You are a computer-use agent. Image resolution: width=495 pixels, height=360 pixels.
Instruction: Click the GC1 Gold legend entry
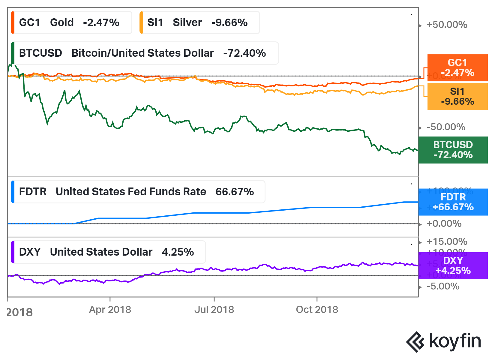71,22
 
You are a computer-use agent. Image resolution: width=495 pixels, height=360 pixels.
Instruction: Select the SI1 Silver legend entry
199,22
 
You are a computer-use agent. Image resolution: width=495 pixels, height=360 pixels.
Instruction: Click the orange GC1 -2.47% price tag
457,68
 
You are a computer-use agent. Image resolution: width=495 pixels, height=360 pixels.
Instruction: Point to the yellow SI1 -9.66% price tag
457,97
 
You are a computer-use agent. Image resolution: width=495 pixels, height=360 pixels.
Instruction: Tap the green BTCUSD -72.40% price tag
453,150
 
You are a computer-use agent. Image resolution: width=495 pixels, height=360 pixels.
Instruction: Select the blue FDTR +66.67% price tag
453,202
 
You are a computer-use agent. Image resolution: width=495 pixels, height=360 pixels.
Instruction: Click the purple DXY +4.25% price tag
453,266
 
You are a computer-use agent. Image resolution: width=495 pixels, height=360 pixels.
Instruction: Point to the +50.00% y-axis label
447,25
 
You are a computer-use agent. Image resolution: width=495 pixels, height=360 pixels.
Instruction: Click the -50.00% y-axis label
446,127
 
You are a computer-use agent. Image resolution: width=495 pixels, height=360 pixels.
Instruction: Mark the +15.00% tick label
447,241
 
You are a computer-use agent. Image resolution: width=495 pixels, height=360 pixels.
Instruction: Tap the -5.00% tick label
443,286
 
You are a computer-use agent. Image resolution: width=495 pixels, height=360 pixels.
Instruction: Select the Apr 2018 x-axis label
110,309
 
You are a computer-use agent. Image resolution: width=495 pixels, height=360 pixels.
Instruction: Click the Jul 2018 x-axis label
214,309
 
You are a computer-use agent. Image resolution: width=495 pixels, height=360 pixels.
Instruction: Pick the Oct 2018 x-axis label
317,309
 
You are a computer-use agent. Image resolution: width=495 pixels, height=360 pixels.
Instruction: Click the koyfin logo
443,342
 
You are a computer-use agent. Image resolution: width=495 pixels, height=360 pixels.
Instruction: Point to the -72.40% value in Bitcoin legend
244,53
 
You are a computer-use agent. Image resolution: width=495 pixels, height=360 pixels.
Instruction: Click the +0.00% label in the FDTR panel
444,223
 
